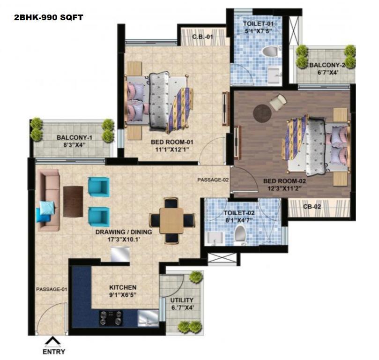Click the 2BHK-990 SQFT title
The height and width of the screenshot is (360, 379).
point(48,18)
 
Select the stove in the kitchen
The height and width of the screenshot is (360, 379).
point(111,318)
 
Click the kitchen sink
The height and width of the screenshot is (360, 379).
point(148,317)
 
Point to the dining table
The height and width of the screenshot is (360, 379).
point(171,221)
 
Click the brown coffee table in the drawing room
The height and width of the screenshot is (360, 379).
point(73,202)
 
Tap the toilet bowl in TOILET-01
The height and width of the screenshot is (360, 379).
point(270,52)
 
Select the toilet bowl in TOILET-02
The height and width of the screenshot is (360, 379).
point(240,233)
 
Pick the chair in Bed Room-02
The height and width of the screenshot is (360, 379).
point(278,102)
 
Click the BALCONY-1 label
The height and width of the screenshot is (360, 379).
point(74,137)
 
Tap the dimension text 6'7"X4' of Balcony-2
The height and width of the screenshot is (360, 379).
point(327,72)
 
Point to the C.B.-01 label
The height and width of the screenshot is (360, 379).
point(202,37)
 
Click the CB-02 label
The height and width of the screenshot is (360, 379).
point(312,207)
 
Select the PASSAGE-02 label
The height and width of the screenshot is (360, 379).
point(213,180)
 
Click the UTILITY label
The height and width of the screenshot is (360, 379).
point(182,300)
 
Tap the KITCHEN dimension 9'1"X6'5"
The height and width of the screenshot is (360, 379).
point(123,295)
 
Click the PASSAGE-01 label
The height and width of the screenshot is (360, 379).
point(52,289)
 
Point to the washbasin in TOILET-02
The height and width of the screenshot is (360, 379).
point(216,238)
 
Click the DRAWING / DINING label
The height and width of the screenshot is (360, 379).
point(124,232)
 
